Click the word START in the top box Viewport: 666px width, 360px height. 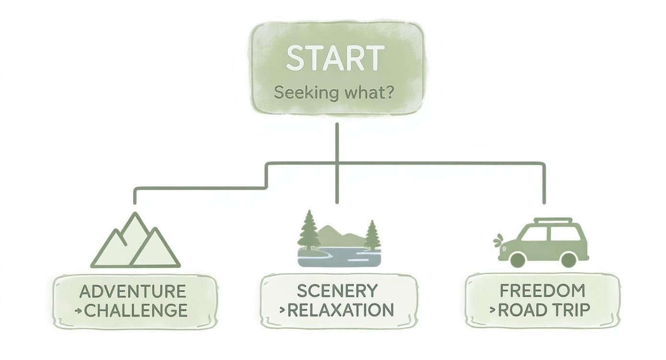(x=335, y=58)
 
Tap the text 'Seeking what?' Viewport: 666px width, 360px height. (x=334, y=92)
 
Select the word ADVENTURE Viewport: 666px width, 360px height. (x=133, y=291)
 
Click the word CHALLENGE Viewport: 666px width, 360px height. (x=136, y=311)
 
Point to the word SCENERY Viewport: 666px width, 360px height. (x=337, y=291)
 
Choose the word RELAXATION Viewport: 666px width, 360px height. (x=340, y=310)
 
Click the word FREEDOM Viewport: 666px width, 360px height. (x=542, y=291)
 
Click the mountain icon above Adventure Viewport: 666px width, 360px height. (x=135, y=242)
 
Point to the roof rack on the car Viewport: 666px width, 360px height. (x=553, y=221)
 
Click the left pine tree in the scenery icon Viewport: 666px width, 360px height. (x=309, y=231)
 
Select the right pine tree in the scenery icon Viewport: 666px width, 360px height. (x=372, y=236)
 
